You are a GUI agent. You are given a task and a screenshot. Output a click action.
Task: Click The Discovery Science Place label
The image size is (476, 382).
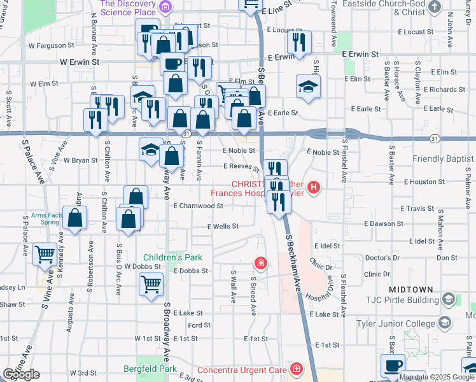129,8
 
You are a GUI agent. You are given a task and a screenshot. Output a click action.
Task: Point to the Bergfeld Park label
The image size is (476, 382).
168,369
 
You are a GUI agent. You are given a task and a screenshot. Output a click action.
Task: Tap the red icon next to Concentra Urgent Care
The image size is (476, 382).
296,369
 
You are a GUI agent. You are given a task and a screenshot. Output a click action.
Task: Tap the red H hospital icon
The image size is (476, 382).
313,187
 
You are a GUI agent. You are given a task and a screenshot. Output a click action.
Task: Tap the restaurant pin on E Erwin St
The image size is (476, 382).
297,42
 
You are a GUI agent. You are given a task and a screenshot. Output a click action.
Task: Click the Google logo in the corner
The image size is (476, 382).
22,374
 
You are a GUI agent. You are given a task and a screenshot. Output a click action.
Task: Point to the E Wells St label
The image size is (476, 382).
223,226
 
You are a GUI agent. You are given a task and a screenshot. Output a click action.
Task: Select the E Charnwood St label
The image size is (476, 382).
198,206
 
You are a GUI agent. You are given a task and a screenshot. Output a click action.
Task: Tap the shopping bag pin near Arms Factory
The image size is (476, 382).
76,218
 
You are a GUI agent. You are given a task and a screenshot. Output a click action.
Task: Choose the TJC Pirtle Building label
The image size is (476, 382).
401,299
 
